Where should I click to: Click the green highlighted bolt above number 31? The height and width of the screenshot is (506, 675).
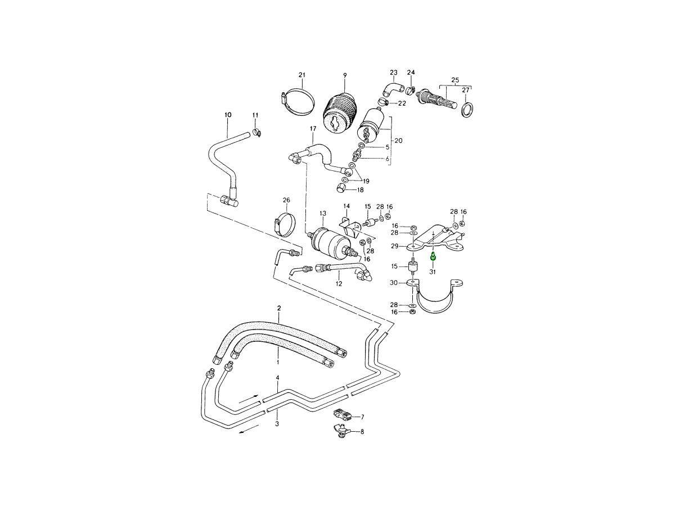[433, 257]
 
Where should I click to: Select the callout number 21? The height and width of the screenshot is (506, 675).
[301, 75]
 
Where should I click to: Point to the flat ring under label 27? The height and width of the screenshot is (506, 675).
[466, 109]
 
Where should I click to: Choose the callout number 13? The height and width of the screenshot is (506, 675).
[323, 214]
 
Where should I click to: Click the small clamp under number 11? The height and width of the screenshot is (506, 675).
[259, 133]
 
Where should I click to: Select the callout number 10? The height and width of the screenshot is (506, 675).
[228, 115]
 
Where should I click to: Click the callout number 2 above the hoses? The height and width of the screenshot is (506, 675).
[278, 308]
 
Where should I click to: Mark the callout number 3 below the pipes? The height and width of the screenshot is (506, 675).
[277, 424]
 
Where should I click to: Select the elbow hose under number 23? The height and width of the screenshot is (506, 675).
[392, 88]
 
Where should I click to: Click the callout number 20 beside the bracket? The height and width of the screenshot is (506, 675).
[398, 141]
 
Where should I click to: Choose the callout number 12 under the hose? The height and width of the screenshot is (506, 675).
[339, 284]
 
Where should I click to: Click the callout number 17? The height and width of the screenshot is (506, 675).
[313, 129]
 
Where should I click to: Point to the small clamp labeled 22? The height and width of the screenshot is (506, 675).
[384, 103]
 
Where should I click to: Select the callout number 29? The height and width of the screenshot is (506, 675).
[395, 246]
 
